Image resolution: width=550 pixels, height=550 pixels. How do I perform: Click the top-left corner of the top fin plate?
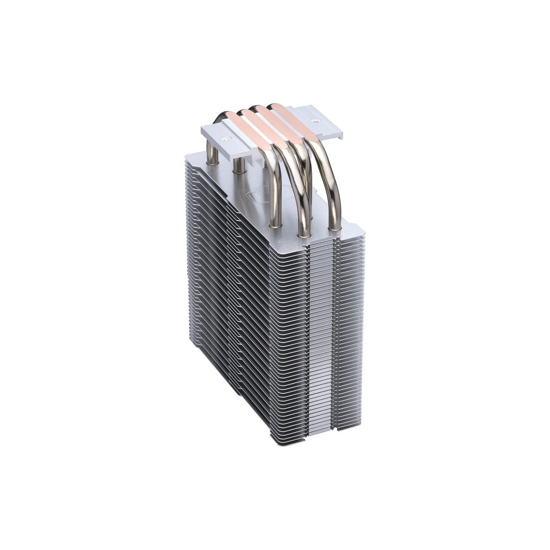point(186,155)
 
